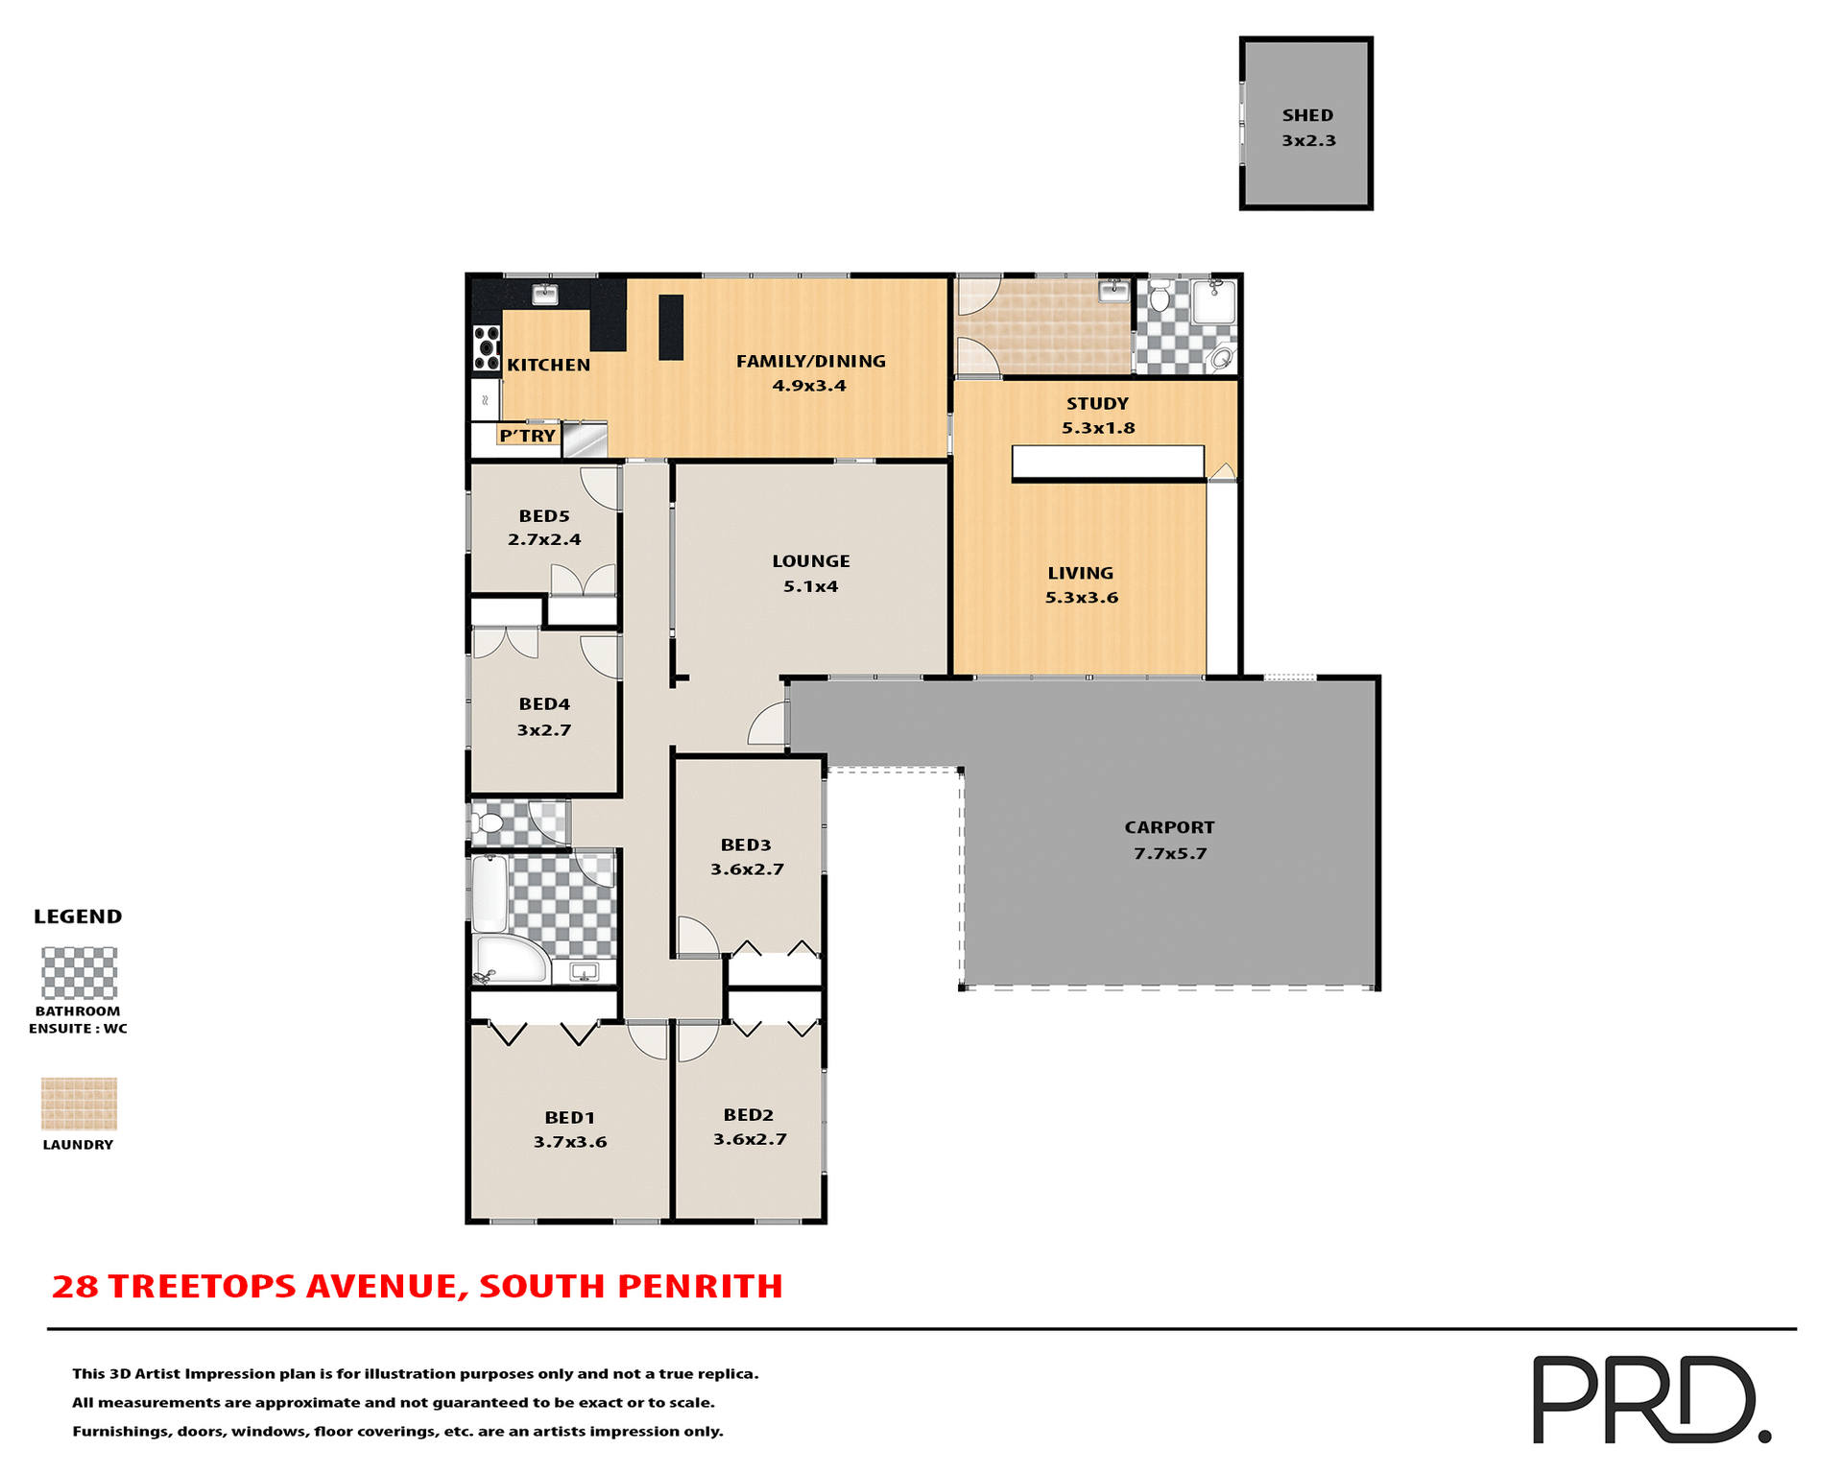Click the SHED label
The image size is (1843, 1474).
click(1307, 115)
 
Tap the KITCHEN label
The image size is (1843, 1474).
click(548, 365)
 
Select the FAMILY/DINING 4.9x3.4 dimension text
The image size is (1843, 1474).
click(809, 386)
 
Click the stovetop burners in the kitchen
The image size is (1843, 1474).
click(487, 348)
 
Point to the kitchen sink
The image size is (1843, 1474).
click(545, 295)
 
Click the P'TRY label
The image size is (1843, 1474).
click(527, 436)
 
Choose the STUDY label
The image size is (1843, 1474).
click(1097, 404)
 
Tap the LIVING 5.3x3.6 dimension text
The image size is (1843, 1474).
click(1082, 598)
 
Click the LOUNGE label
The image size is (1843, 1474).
click(811, 561)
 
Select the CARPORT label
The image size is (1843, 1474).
click(1169, 827)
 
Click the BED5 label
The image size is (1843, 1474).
click(544, 516)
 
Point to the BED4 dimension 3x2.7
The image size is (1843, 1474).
click(544, 730)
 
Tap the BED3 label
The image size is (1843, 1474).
click(746, 845)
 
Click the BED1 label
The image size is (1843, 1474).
click(570, 1118)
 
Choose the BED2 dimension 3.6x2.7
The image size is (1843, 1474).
click(750, 1140)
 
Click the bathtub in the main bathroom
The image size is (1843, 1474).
click(490, 892)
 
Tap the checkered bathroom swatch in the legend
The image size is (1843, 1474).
click(79, 973)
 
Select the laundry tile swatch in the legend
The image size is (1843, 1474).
click(79, 1104)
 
